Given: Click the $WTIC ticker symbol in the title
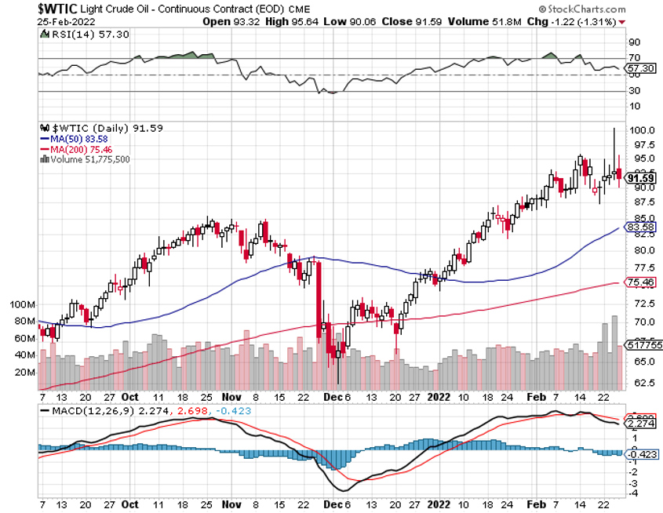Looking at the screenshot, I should click(x=60, y=8).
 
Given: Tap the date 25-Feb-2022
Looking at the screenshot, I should click(x=66, y=21).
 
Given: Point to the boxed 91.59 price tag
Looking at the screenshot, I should click(x=640, y=178).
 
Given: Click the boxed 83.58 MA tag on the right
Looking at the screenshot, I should click(x=640, y=227).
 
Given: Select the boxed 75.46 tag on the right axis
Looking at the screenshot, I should click(x=640, y=282).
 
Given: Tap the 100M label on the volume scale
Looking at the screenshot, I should click(x=24, y=304).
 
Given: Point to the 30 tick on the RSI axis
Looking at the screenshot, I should click(x=633, y=90).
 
